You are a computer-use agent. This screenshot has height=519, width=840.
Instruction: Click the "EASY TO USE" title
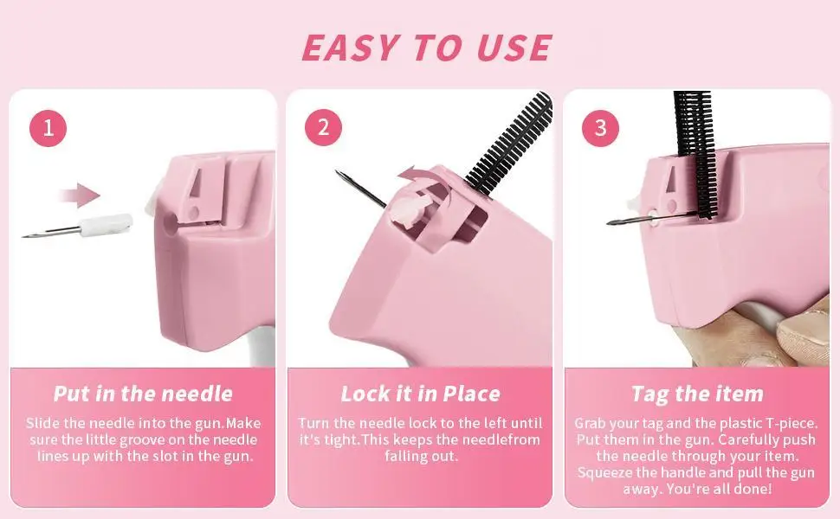426,48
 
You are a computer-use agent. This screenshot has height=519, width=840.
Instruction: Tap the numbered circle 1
48,128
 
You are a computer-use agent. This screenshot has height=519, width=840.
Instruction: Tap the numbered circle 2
324,127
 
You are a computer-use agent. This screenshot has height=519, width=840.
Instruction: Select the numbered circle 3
600,128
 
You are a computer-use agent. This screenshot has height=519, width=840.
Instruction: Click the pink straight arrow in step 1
79,195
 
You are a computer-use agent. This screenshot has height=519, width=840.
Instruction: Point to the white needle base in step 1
106,225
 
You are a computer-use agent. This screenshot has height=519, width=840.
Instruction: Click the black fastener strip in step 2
508,143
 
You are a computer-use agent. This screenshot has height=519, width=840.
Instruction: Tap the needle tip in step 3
609,222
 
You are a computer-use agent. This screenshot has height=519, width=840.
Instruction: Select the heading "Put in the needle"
143,394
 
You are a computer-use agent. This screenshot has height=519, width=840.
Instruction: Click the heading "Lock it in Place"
421,394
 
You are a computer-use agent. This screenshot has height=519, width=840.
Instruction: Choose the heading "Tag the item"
697,394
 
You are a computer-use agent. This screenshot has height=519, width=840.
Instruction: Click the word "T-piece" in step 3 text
792,424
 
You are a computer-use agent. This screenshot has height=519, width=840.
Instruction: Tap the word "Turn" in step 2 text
314,423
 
